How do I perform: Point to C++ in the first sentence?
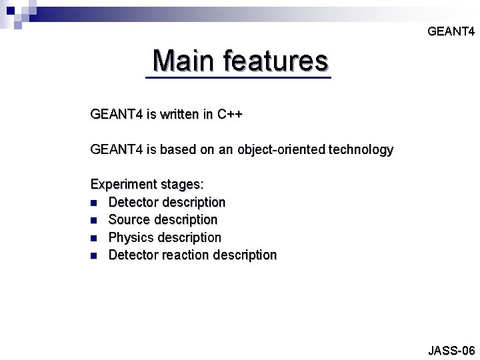tap(229, 115)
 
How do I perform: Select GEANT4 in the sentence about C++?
tap(115, 115)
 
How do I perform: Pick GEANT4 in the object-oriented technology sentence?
tap(115, 150)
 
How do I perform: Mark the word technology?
tap(361, 150)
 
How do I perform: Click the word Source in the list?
tap(129, 219)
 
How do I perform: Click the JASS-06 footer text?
tap(451, 350)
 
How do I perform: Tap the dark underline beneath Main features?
tap(237, 79)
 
